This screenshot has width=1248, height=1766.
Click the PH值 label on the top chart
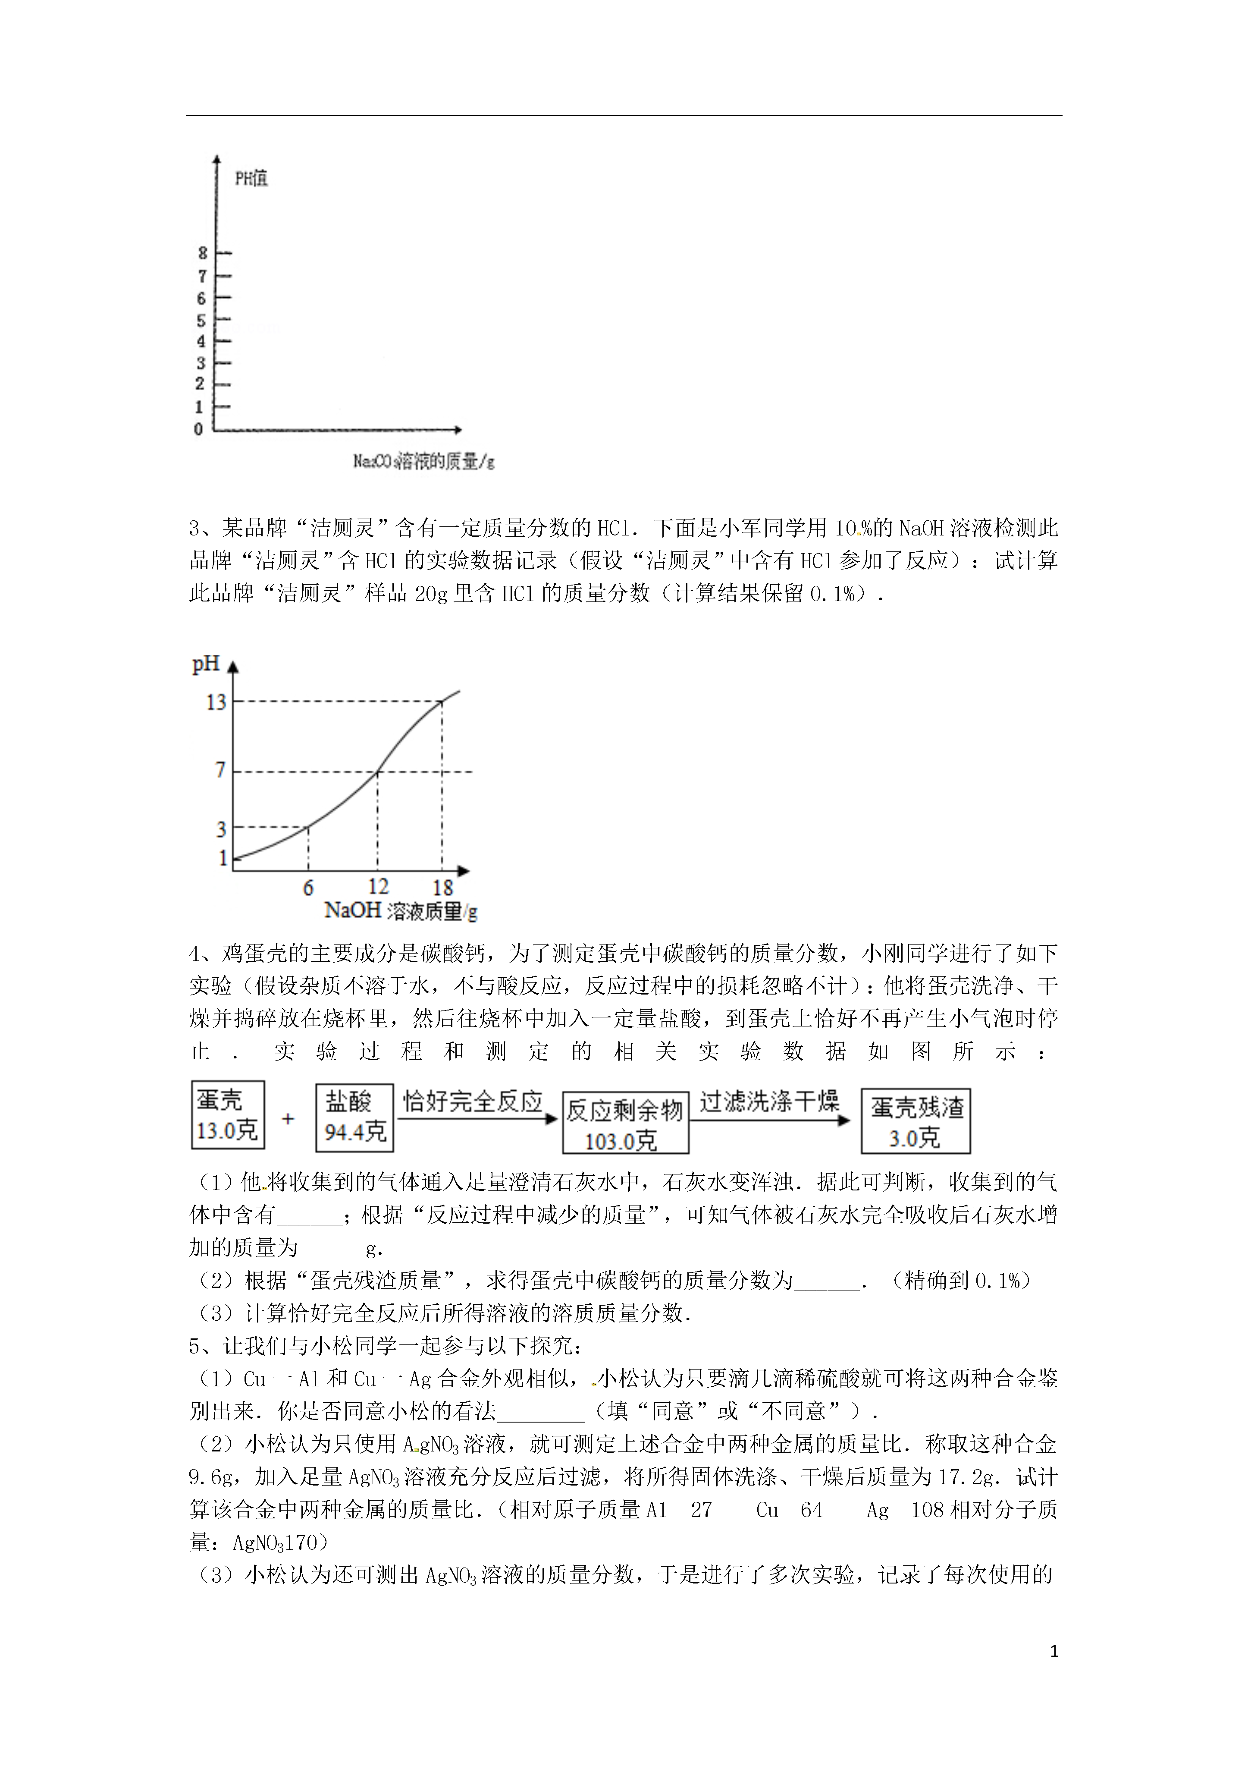tap(251, 179)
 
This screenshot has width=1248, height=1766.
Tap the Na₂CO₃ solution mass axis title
tap(423, 462)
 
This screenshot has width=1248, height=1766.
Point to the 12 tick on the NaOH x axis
tap(378, 886)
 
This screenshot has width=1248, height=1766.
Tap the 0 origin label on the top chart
tap(198, 429)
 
